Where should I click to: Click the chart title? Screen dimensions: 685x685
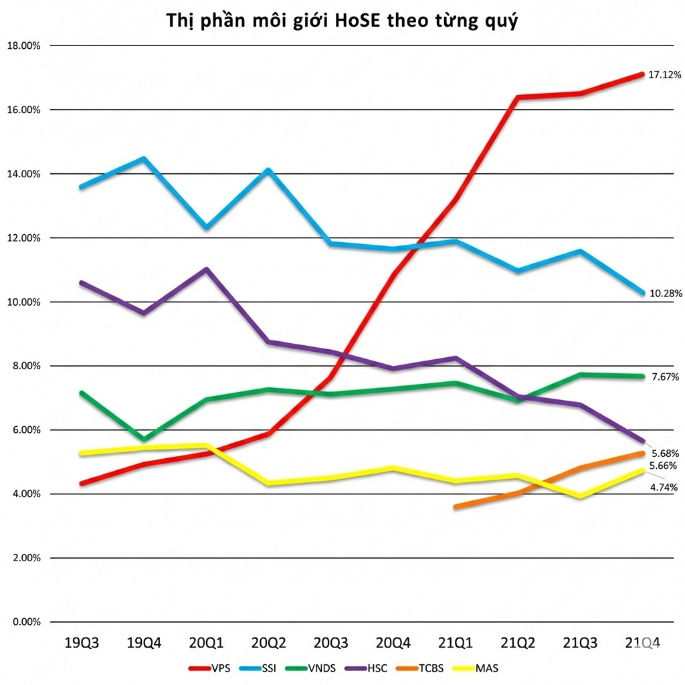pos(342,21)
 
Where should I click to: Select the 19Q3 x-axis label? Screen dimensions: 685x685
pos(82,644)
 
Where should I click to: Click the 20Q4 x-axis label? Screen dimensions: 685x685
pos(393,644)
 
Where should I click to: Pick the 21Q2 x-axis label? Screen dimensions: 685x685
pos(518,644)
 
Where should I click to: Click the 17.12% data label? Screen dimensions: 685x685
pos(664,75)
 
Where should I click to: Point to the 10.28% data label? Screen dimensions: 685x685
pos(664,293)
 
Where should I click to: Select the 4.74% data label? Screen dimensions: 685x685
pos(664,487)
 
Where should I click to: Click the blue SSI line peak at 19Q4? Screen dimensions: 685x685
pos(143,159)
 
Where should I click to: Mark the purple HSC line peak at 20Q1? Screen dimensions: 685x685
pos(207,269)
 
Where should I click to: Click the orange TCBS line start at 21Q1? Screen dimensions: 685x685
pos(456,507)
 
